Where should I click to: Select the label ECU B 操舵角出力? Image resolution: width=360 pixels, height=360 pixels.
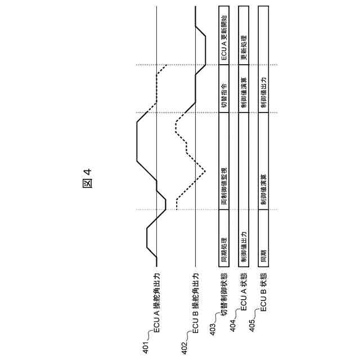click(x=196, y=307)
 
